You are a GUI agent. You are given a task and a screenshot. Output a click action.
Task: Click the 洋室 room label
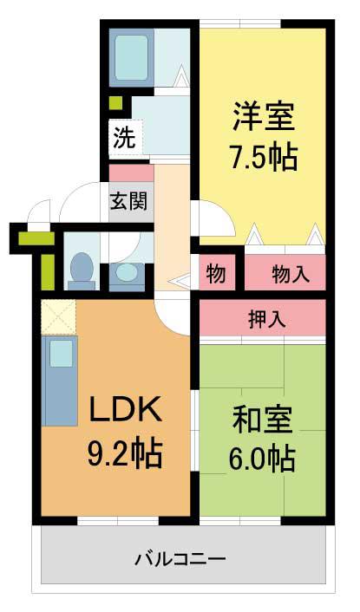(x=264, y=116)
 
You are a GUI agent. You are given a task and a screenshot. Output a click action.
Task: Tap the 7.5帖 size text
(x=264, y=157)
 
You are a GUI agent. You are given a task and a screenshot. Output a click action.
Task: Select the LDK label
(x=126, y=408)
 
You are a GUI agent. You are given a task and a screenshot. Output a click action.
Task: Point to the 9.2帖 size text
(x=125, y=453)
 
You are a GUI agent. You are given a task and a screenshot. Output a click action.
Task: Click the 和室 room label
(x=262, y=420)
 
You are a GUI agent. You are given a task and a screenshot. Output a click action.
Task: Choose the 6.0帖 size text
(x=262, y=459)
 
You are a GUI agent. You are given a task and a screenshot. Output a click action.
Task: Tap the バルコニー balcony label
(x=180, y=559)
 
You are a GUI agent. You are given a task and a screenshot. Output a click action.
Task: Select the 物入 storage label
(x=291, y=274)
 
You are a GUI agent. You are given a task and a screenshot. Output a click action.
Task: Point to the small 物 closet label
(x=216, y=273)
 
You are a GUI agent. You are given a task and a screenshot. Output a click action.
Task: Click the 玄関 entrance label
(x=128, y=201)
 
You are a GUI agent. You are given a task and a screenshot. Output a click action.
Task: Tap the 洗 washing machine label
(x=124, y=138)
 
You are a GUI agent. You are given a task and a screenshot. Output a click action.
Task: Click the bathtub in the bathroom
(x=132, y=58)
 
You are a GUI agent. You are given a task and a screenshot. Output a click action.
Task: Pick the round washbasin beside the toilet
(x=126, y=272)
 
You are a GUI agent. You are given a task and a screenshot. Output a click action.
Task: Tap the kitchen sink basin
(x=61, y=353)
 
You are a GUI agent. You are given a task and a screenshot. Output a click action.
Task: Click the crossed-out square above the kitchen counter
(x=59, y=317)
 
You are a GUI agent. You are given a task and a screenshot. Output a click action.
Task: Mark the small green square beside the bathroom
(x=115, y=102)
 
